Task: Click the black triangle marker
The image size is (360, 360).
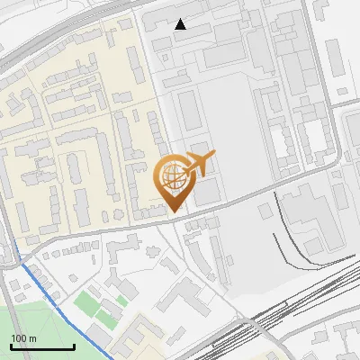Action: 181,24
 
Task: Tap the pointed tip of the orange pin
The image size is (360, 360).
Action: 174,211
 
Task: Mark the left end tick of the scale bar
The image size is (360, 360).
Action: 11,346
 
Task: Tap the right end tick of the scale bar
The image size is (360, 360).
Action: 74,346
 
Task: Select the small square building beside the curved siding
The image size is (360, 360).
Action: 265,211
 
